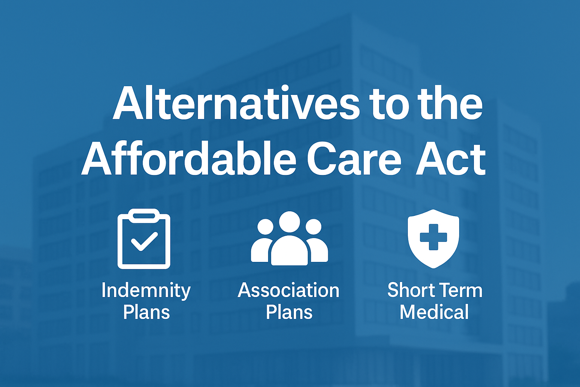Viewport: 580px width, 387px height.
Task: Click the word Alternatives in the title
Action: [236, 103]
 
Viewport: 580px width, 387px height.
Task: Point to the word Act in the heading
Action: [451, 159]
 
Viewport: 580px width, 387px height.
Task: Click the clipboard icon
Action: [144, 239]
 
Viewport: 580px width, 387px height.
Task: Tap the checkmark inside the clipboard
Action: [144, 241]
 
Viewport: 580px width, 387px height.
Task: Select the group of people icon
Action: [290, 238]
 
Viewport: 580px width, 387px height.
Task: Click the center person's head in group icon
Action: [290, 222]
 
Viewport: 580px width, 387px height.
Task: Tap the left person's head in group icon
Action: [265, 227]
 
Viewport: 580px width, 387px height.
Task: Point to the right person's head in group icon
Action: [313, 227]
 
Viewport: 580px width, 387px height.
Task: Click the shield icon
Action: [433, 238]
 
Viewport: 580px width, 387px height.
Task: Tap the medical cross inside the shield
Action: [433, 237]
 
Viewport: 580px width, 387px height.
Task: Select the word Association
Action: [289, 290]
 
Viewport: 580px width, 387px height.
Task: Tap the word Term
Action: [458, 290]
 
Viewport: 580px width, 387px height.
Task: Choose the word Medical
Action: [434, 311]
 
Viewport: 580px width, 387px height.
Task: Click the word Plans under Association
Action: [289, 312]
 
